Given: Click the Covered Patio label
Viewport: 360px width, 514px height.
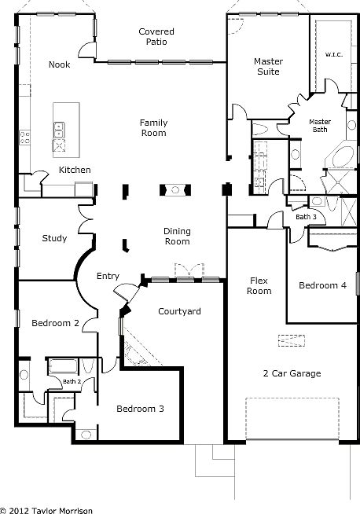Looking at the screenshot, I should coord(156,37).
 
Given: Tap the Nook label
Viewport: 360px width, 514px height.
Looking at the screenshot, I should coord(59,64).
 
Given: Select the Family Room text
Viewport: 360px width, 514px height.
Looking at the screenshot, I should coord(153,127).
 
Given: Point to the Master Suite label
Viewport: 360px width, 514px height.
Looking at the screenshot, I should coord(267,66).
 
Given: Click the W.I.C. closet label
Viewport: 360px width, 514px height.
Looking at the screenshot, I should coord(330,55).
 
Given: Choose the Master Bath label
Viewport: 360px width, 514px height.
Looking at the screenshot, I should coord(320,126).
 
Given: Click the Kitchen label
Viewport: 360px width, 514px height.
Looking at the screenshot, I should coord(75,170).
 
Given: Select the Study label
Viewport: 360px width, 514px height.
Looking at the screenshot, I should coord(53,238).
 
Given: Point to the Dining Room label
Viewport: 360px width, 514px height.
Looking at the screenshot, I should coord(177,237).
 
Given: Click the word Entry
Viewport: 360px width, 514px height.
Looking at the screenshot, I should coord(108,276).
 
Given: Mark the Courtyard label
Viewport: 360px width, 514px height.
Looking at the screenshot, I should coord(179,311).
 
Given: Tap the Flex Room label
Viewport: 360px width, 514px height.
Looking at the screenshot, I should coord(260,285).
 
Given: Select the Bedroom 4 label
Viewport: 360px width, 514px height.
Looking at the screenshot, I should coord(322,286).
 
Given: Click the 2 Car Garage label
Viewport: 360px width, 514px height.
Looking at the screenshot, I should coord(291,373).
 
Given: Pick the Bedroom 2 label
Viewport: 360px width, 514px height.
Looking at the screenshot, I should coord(55,323).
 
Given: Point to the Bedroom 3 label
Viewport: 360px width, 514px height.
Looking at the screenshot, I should coord(140,409).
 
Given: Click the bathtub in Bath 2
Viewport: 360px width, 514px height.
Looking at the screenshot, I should coord(64,366).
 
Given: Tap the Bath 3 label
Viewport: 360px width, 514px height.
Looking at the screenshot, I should coord(306,217).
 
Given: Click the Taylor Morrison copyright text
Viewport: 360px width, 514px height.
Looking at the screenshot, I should coord(47,509).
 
